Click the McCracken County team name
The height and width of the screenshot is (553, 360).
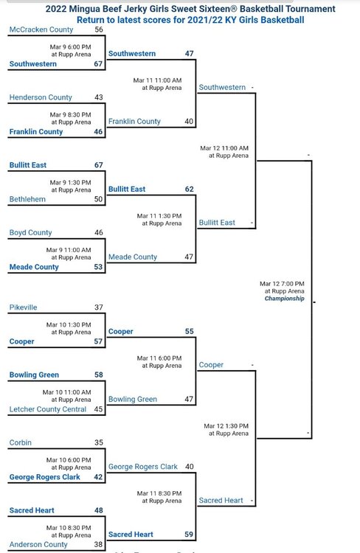(x=41, y=29)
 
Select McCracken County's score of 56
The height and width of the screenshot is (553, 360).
(x=99, y=29)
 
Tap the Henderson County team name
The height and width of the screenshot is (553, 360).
(x=41, y=97)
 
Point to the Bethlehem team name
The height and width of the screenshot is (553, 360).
(x=27, y=199)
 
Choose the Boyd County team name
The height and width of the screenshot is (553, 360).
(x=31, y=233)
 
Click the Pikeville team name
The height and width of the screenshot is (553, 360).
(x=24, y=307)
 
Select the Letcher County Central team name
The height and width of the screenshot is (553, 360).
(x=48, y=409)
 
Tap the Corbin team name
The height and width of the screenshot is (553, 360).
(x=21, y=442)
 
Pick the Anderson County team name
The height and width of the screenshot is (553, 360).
(x=38, y=545)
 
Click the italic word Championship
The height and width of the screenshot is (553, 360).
(x=285, y=299)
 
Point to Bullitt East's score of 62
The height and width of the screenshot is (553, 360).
(x=190, y=189)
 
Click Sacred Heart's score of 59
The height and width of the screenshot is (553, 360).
(x=189, y=535)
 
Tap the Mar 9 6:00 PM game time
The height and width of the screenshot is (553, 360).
(x=71, y=47)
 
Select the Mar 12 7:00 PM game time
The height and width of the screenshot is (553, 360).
(x=282, y=284)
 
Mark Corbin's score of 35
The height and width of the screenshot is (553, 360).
(x=99, y=442)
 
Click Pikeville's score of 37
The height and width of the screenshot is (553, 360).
(x=99, y=307)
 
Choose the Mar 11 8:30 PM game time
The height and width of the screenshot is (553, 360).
(x=159, y=493)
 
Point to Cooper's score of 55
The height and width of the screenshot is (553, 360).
(x=190, y=332)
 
